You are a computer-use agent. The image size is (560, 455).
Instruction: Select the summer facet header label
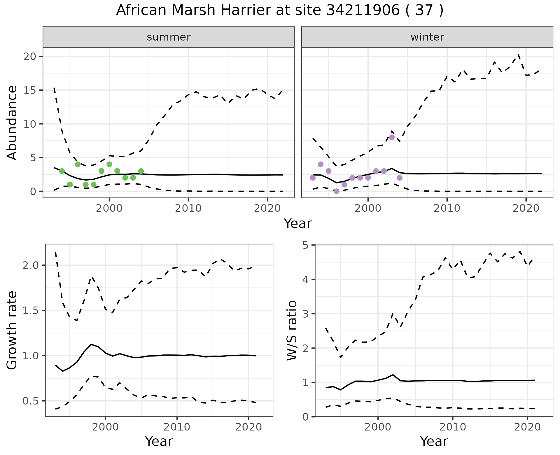(x=169, y=37)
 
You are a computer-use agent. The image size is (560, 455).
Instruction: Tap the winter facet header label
(x=427, y=37)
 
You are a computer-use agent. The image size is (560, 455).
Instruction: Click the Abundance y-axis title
(x=12, y=123)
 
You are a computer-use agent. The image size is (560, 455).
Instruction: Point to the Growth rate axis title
(x=12, y=330)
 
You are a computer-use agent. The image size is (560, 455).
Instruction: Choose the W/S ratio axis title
(x=292, y=330)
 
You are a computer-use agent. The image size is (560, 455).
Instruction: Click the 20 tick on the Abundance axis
(x=29, y=56)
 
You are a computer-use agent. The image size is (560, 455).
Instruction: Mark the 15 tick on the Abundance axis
(x=29, y=90)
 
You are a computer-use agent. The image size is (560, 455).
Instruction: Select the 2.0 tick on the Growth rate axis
(x=31, y=265)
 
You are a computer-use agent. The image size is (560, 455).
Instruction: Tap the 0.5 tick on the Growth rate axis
(x=31, y=401)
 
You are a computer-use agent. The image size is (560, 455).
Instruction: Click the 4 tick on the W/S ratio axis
(x=305, y=279)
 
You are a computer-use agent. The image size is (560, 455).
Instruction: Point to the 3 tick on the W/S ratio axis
(x=305, y=314)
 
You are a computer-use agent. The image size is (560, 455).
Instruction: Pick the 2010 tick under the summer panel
(x=188, y=208)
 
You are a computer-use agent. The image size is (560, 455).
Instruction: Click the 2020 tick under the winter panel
(x=526, y=208)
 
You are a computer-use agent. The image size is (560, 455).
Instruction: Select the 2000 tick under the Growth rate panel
(x=105, y=427)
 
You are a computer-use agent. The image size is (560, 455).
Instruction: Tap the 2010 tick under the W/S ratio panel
(x=452, y=427)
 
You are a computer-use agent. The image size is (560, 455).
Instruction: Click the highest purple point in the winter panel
(x=392, y=137)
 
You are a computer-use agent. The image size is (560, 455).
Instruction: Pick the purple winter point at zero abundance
(x=336, y=191)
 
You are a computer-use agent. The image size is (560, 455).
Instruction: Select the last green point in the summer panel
(x=141, y=171)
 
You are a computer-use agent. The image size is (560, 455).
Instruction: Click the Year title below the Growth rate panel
(x=159, y=442)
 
